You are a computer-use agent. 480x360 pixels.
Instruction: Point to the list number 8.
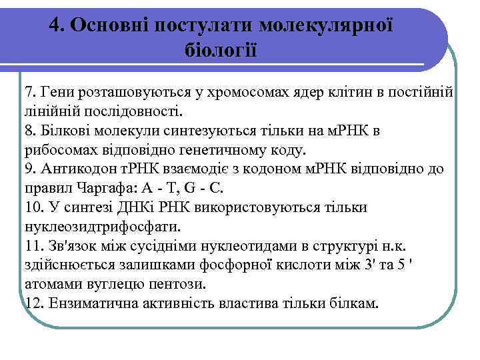coord(29,131)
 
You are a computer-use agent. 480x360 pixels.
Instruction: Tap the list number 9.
coord(29,169)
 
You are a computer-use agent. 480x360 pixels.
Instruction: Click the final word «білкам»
coord(353,304)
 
